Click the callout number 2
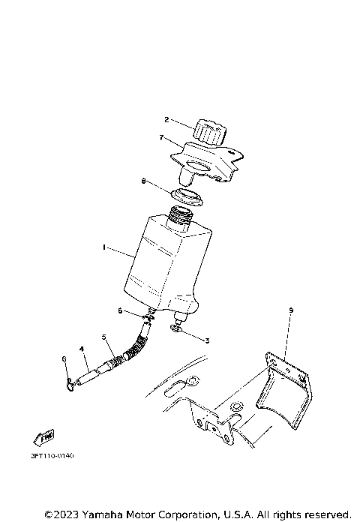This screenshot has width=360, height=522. pyautogui.click(x=169, y=120)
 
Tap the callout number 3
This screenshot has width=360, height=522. pyautogui.click(x=207, y=340)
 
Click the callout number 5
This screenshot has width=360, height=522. pyautogui.click(x=105, y=336)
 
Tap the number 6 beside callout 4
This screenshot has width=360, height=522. pyautogui.click(x=64, y=359)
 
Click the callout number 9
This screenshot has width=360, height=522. pyautogui.click(x=291, y=310)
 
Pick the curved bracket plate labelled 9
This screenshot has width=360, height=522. pyautogui.click(x=285, y=390)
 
